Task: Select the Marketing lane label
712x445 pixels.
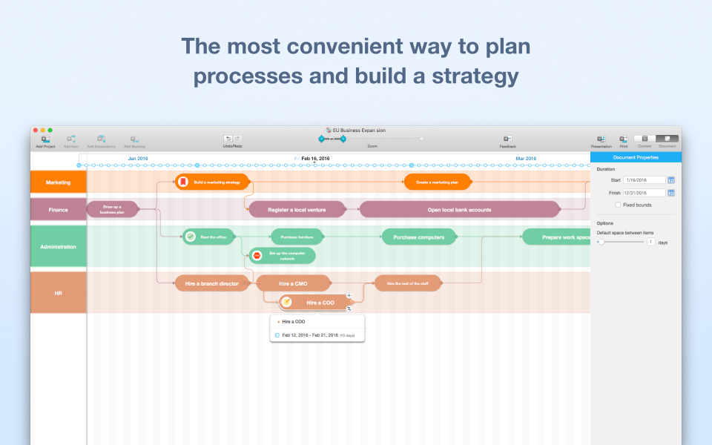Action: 59,182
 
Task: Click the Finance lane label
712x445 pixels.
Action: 59,210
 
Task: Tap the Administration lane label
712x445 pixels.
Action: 59,246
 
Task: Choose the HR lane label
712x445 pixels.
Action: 59,293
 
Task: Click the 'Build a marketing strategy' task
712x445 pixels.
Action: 214,182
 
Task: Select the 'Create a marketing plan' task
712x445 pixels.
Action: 437,182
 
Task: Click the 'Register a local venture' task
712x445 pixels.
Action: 297,210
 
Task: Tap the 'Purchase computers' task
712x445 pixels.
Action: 418,237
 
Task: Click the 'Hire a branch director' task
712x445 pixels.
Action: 211,283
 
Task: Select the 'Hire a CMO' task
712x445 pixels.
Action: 293,283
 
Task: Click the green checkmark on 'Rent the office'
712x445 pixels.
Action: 190,237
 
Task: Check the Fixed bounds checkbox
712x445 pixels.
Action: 619,205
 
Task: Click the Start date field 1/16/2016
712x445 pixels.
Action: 644,179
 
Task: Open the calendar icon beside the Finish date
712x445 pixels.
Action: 671,193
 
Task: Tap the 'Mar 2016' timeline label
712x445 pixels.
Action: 526,159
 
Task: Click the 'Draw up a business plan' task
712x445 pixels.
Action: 113,210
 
